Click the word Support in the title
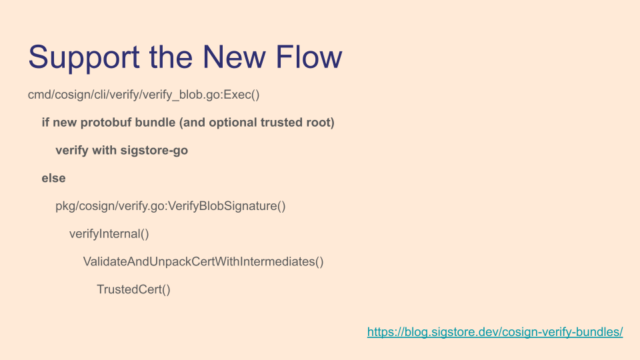click(x=84, y=57)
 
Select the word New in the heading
click(x=234, y=57)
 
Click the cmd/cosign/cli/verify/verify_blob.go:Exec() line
click(x=144, y=95)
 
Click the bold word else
click(x=53, y=179)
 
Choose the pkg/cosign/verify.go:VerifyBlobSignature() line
click(x=171, y=206)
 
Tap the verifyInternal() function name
click(x=109, y=234)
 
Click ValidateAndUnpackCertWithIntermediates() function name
click(x=203, y=261)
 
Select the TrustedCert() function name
click(x=133, y=289)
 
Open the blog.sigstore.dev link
click(x=495, y=332)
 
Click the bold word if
click(x=45, y=123)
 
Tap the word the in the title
click(x=171, y=57)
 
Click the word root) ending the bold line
click(x=321, y=123)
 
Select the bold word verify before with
click(x=72, y=151)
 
